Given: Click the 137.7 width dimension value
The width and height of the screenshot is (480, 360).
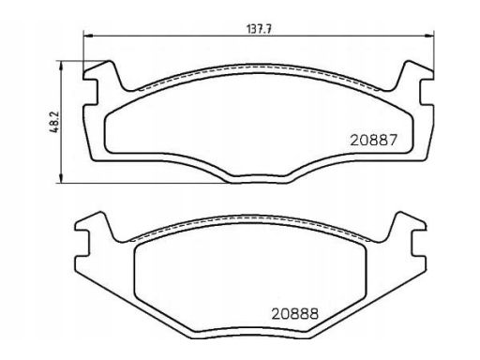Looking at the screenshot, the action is [x=259, y=29].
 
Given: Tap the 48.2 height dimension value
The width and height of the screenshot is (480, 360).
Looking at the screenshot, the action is [x=53, y=122].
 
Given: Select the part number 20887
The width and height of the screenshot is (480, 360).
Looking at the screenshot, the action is [x=373, y=140].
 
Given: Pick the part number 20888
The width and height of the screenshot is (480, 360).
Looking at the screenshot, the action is [x=295, y=314].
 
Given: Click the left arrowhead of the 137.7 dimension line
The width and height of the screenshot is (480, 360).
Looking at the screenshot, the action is [x=88, y=36].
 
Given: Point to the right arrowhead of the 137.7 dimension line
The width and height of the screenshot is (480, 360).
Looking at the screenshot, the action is [x=429, y=36].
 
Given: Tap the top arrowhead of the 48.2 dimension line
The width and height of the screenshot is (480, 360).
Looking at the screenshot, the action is [x=61, y=65].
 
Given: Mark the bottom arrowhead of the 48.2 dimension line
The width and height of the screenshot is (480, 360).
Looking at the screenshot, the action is [x=61, y=178].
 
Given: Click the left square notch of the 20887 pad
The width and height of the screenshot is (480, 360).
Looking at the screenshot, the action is [x=91, y=92].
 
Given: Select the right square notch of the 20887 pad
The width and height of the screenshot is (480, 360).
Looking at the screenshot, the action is [x=427, y=92].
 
